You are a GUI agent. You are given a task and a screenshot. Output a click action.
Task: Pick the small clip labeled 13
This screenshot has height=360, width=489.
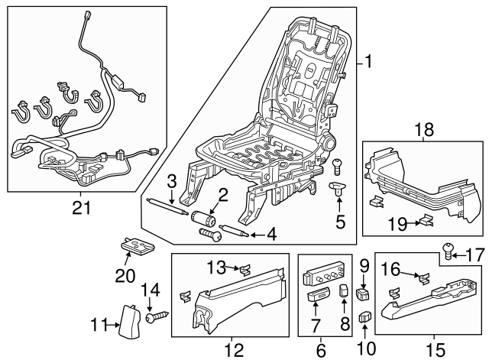243,268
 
